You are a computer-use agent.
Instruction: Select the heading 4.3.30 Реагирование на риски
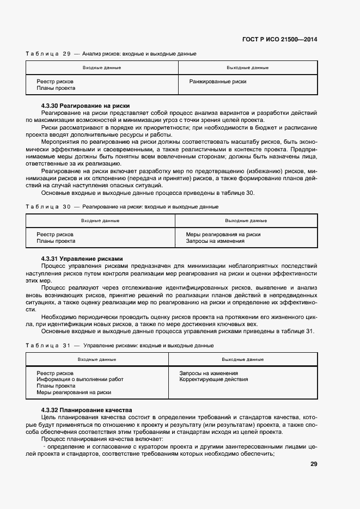coord(86,106)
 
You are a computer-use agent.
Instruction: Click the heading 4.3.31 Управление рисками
coord(82,258)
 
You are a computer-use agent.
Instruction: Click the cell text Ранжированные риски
coord(218,82)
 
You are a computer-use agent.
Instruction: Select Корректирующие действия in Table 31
coord(210,379)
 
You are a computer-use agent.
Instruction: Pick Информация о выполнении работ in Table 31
coord(80,379)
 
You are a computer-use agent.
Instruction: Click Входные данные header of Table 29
coord(102,68)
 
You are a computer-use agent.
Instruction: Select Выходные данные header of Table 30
coord(246,220)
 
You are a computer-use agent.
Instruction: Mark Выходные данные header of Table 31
coord(243,360)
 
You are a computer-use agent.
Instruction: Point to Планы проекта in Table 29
coord(56,88)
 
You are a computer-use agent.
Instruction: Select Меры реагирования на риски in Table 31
coord(74,392)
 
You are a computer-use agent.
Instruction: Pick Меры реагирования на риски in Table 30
coord(223,235)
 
